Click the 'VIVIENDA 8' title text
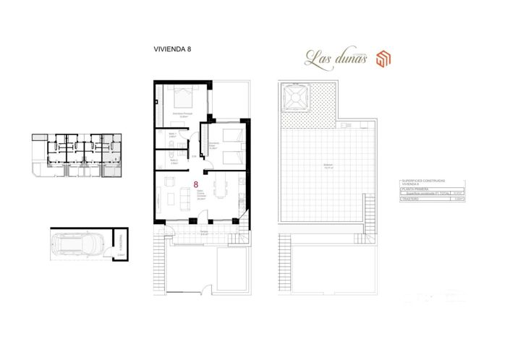172,50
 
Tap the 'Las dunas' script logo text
336,57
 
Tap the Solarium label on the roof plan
328,166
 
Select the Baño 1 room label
173,134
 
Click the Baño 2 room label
173,161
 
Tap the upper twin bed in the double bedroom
231,135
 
